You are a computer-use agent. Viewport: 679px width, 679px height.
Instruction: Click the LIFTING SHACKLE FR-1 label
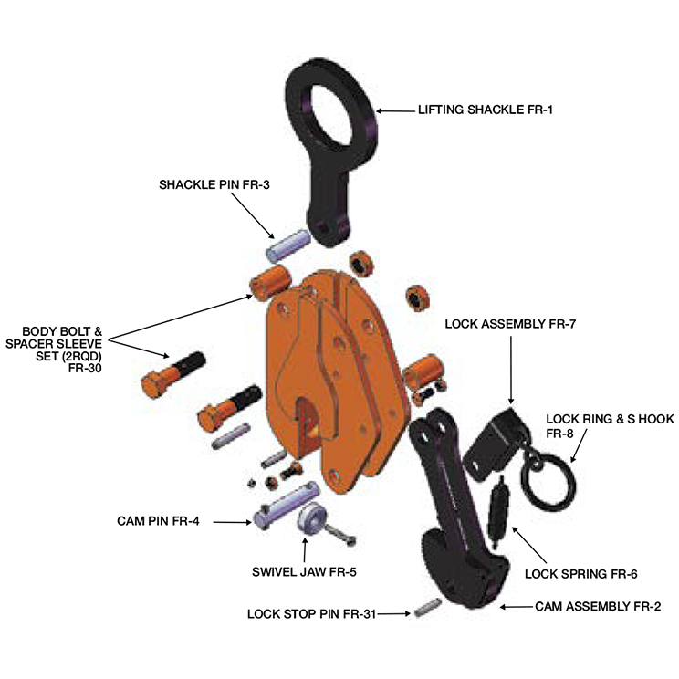click(x=486, y=110)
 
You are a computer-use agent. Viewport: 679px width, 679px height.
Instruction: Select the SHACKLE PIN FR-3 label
click(x=214, y=183)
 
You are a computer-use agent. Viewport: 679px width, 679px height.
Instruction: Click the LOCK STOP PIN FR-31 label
click(x=311, y=613)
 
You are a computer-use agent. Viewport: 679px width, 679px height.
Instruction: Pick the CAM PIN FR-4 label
click(x=159, y=521)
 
